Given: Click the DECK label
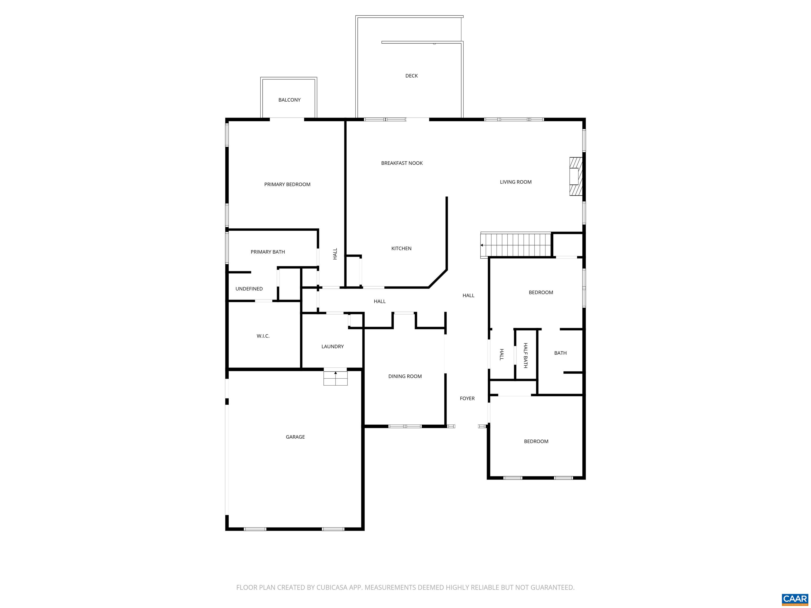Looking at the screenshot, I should pos(411,76).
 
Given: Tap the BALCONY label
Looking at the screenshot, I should pos(289,100).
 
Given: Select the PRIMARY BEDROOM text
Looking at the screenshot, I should pos(287,184).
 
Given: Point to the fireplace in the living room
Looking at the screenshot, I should pos(575,176).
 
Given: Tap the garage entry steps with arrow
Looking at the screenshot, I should pos(335,378).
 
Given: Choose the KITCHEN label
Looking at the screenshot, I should pos(401,249).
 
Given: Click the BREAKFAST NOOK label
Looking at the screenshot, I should pos(402,163).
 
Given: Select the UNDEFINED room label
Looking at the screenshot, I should pos(249,289).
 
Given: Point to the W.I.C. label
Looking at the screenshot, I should pos(263,336).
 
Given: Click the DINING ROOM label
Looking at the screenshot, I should pos(405,376).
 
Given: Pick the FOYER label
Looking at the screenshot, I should pos(467,398).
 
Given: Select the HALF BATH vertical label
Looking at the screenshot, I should pos(525,355).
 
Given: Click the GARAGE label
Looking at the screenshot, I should pos(295,437).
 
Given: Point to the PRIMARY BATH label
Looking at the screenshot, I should pos(268,252).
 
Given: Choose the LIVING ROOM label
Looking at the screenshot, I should pos(516,182).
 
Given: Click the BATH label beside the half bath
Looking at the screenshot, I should pos(560,353).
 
